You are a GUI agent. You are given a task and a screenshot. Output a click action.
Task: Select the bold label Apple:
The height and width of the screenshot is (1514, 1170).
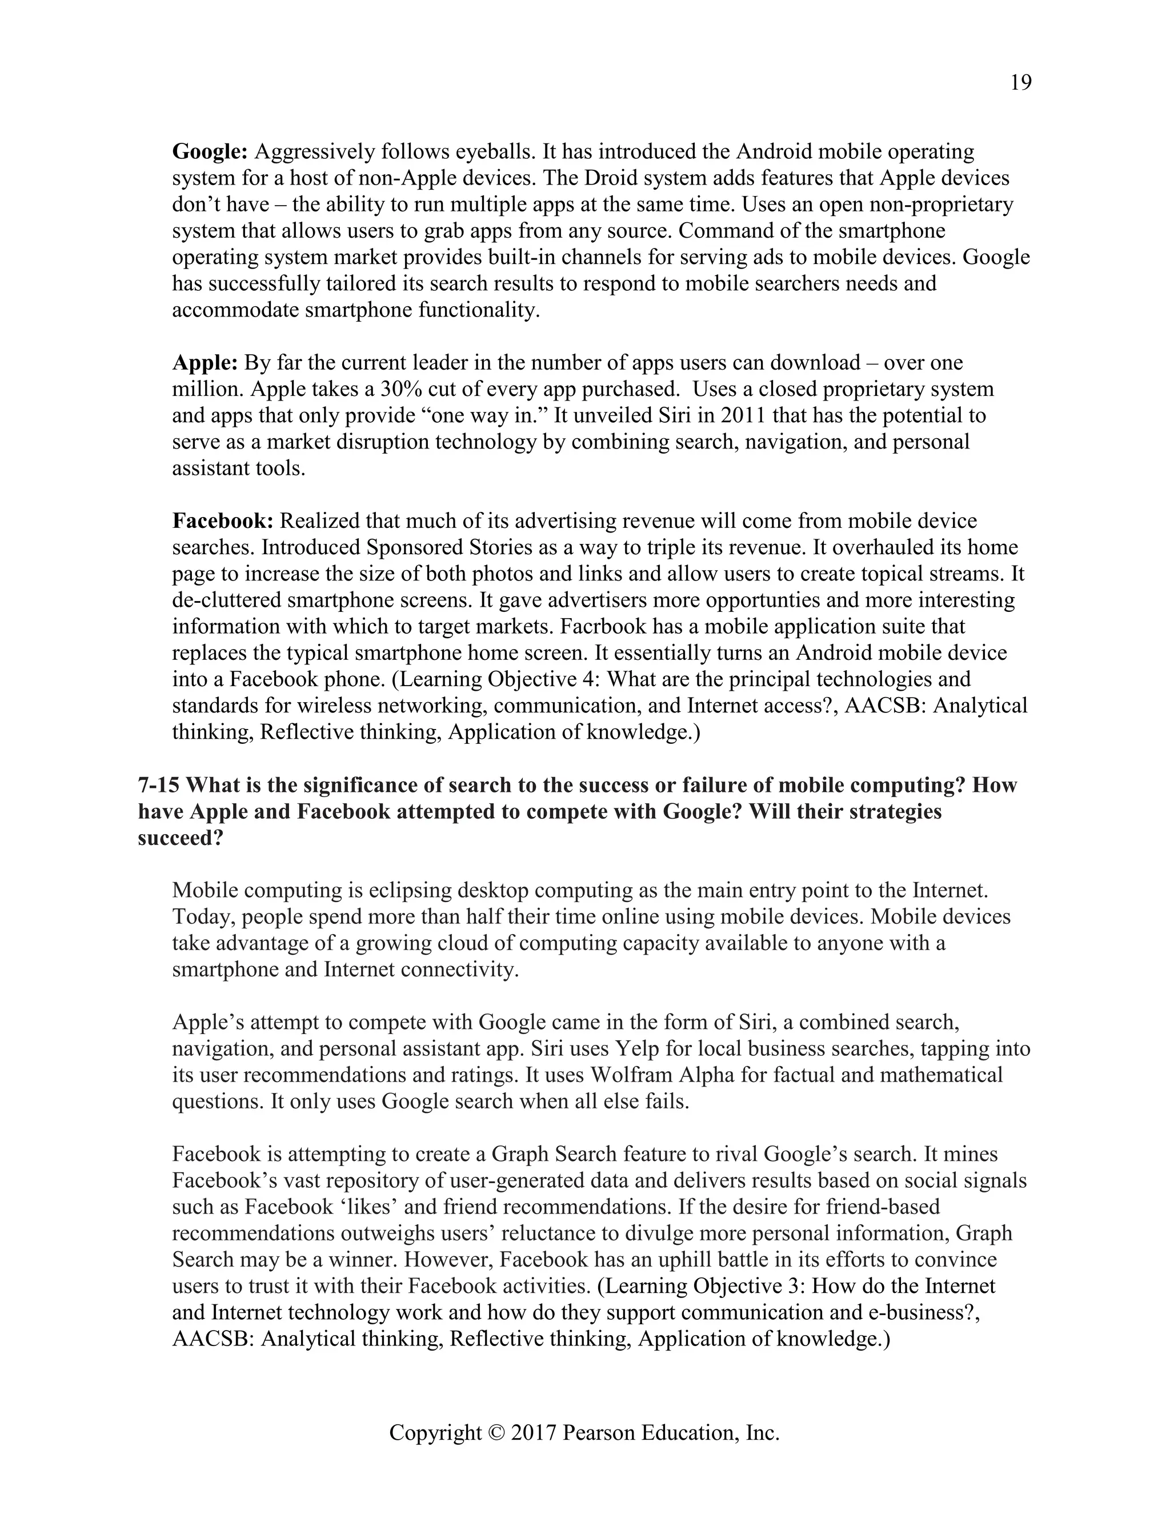(205, 363)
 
